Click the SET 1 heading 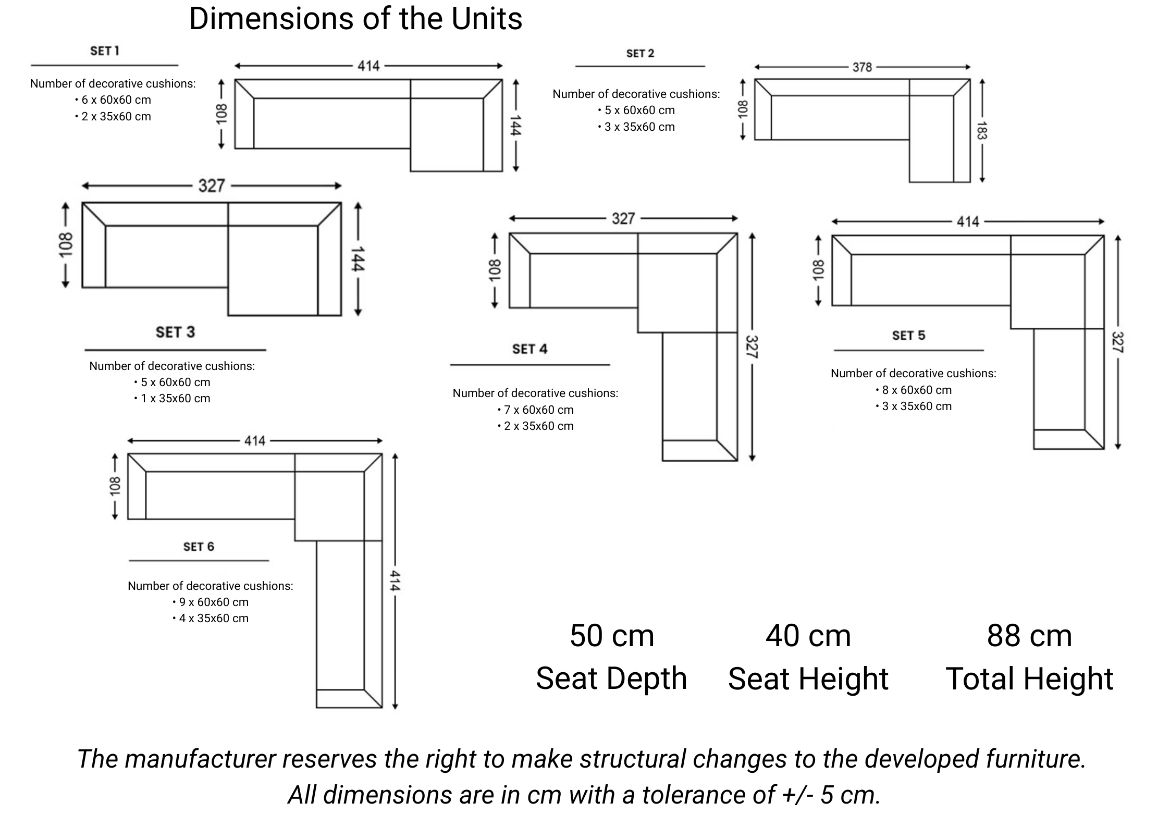[x=104, y=51]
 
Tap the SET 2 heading [x=640, y=54]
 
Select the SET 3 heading [x=175, y=332]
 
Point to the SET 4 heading [x=529, y=349]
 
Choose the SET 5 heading [x=908, y=336]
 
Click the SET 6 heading [x=199, y=547]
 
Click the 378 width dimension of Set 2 [x=862, y=67]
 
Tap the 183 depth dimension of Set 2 [x=981, y=131]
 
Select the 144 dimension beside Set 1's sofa [x=515, y=126]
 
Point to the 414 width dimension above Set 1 [x=368, y=66]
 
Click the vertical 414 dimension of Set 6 [x=395, y=581]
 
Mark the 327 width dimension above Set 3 [x=212, y=186]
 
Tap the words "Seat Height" [x=808, y=678]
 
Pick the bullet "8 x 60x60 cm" [x=916, y=390]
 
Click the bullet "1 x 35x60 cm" [x=175, y=399]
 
